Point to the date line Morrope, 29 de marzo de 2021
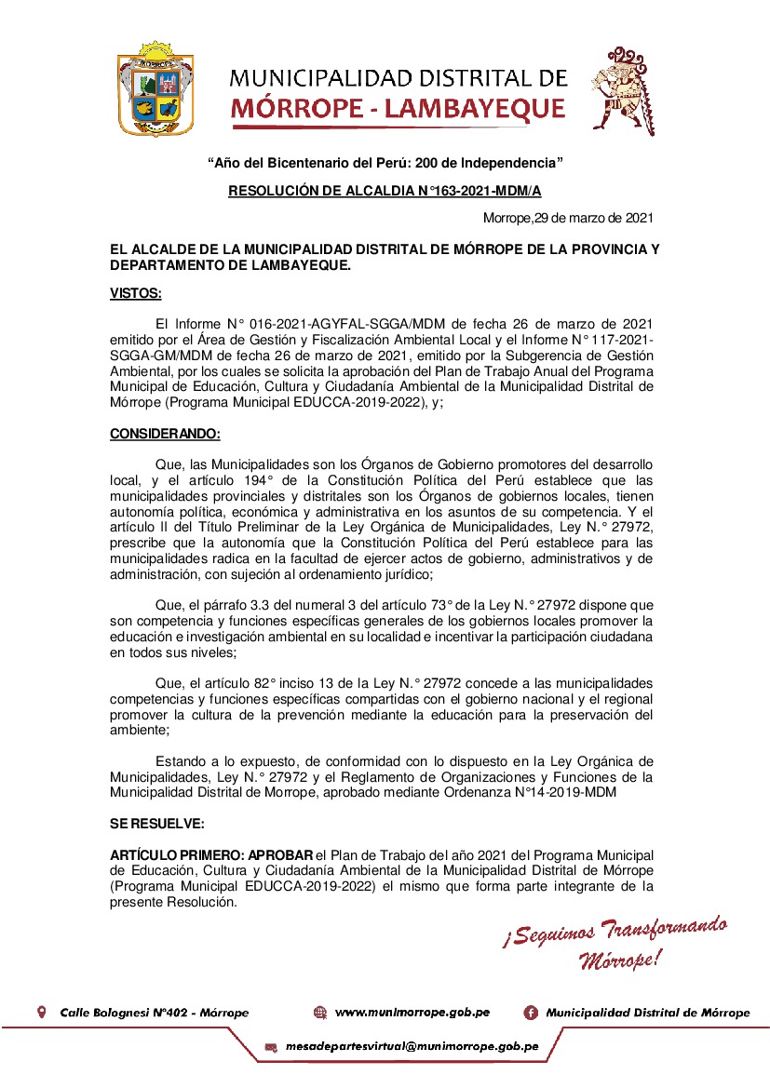pyautogui.click(x=567, y=218)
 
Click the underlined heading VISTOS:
pyautogui.click(x=135, y=294)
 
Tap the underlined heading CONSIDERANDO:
pyautogui.click(x=165, y=434)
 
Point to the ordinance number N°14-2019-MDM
pyautogui.click(x=566, y=792)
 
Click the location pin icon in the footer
pyautogui.click(x=41, y=1012)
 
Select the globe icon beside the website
pyautogui.click(x=320, y=1012)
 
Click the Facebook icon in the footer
pyautogui.click(x=531, y=1012)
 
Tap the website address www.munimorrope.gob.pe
pyautogui.click(x=412, y=1012)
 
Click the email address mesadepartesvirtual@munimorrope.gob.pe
pyautogui.click(x=412, y=1046)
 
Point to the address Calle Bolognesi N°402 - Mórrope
pyautogui.click(x=154, y=1012)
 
